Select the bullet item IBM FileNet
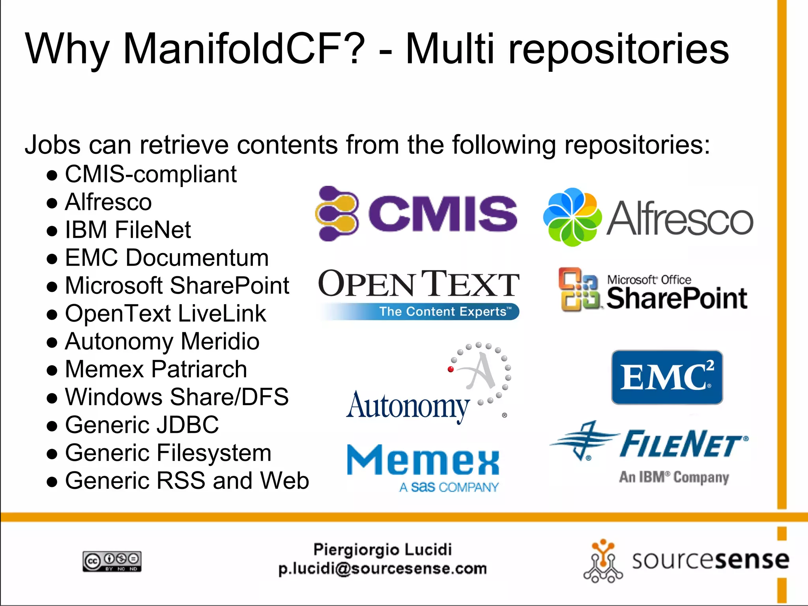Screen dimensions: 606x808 128,230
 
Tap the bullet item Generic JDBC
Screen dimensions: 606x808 142,425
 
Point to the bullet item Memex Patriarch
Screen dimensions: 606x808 156,369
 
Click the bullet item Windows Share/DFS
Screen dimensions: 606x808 176,397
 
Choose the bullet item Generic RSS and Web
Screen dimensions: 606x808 187,481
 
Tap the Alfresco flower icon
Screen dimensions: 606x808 572,217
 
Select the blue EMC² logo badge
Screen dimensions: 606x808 667,377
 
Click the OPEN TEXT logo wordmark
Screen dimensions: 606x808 419,284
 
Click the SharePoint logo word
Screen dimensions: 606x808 677,299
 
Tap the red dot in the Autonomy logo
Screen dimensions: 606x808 451,369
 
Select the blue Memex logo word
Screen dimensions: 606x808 423,460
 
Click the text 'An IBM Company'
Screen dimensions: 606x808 674,477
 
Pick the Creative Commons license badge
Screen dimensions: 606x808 112,561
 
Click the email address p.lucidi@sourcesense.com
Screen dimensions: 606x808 382,569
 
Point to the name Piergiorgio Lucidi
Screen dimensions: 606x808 382,549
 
